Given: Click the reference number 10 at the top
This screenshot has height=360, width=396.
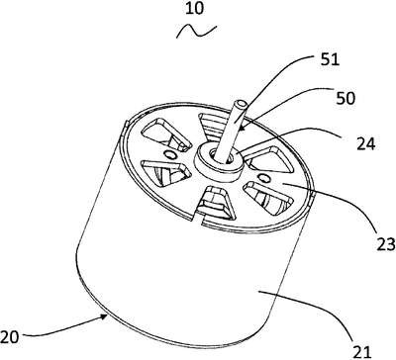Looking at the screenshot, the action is tap(195, 9).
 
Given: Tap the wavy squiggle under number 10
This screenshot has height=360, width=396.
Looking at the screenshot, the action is tap(197, 31).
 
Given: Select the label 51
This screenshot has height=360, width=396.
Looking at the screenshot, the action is tap(330, 60).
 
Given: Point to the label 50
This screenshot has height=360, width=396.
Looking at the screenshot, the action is tap(345, 98).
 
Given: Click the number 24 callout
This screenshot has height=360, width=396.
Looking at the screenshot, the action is tap(366, 143).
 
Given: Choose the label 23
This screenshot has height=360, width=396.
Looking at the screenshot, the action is tap(385, 244).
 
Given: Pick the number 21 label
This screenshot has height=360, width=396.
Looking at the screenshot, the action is tap(362, 351).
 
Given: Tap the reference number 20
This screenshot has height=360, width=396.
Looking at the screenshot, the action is tap(9, 337).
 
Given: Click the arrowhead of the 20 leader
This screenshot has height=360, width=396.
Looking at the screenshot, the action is tap(105, 316).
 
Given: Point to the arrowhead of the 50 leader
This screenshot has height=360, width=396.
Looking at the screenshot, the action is tap(240, 128).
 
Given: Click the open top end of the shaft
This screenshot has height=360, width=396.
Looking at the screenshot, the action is tap(242, 106).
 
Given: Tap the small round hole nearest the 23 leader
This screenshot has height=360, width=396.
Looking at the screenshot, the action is tap(264, 178).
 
